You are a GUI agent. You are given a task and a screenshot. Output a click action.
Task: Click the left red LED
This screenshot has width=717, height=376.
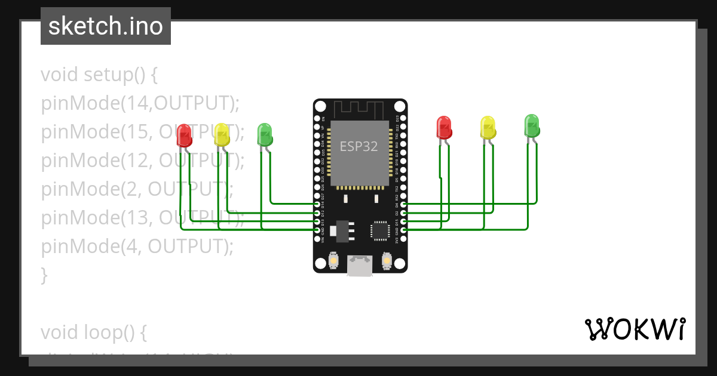click(x=185, y=135)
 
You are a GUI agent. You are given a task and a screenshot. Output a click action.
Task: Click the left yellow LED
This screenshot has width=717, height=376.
click(x=222, y=134)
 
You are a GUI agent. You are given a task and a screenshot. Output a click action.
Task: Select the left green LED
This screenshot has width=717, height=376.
click(x=264, y=134)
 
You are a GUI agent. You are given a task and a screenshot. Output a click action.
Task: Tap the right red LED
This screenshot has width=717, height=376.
click(x=444, y=127)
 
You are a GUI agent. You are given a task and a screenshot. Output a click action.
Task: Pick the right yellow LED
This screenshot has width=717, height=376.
click(x=488, y=127)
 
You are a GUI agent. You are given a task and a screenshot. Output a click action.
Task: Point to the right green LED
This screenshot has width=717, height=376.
click(x=531, y=125)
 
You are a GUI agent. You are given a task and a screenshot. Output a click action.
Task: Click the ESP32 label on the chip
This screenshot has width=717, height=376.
click(x=358, y=146)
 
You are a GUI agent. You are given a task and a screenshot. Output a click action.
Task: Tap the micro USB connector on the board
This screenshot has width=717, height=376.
click(x=360, y=266)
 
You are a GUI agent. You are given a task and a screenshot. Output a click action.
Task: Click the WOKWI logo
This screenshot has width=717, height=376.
click(x=635, y=329)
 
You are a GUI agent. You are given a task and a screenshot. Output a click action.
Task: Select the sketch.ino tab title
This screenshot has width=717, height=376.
click(x=106, y=26)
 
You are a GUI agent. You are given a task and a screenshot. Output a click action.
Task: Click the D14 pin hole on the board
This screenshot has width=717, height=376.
click(x=317, y=204)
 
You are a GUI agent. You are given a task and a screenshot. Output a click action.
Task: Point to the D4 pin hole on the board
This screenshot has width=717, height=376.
click(x=403, y=204)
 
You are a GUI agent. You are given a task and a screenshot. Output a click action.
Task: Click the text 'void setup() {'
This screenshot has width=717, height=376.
click(x=99, y=75)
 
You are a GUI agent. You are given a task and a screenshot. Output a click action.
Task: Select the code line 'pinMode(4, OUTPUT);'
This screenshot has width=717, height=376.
click(x=137, y=246)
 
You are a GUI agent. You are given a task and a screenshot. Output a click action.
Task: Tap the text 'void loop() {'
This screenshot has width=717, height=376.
click(x=93, y=332)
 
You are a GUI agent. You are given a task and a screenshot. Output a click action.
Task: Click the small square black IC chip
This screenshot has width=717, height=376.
click(x=380, y=230)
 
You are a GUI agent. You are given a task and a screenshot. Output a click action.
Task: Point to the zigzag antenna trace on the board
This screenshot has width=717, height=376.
click(x=358, y=109)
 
